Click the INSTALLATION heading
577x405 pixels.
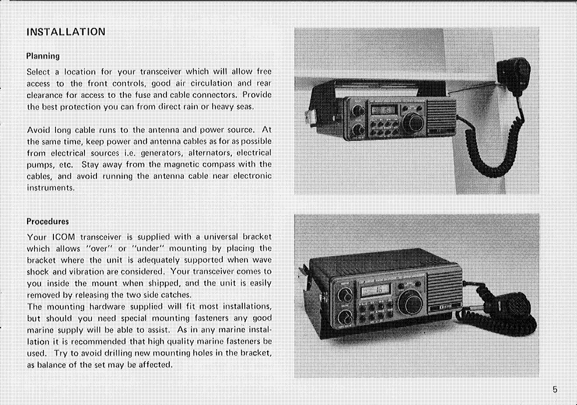pos(65,33)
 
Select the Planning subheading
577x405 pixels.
pos(43,55)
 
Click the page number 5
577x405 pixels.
pos(555,390)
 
